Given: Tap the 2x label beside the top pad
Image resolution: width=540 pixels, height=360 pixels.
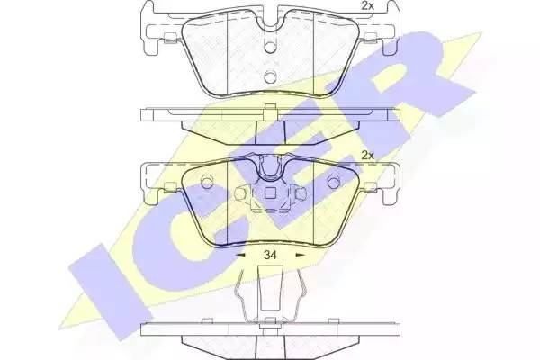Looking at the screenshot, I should (366, 7).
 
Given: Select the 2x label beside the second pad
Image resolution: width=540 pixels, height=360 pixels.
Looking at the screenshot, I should (366, 155).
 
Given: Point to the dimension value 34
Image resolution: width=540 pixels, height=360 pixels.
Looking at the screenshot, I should (269, 256).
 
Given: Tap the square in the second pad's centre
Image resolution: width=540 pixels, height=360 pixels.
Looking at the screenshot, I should (267, 193).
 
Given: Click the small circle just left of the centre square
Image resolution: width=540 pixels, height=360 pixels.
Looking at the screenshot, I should (240, 194).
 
